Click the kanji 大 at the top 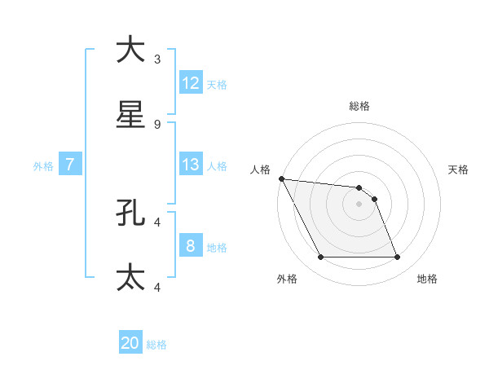coord(131,50)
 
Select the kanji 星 coord(131,115)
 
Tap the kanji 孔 coord(131,213)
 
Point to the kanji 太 coord(131,277)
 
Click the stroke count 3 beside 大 coord(157,59)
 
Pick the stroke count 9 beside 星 coord(157,125)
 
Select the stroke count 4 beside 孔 coord(157,222)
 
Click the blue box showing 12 coord(191,83)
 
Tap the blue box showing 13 coord(191,165)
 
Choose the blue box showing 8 coord(191,246)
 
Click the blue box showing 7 coord(70,165)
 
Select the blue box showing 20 coord(130,344)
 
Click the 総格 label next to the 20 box coord(156,345)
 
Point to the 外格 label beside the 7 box coord(43,165)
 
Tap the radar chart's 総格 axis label coord(359,106)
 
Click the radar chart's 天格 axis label coord(458,169)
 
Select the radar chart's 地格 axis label coord(427,279)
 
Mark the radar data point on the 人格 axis coord(281,178)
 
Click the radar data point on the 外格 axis coord(320,258)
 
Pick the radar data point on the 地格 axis coord(398,258)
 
